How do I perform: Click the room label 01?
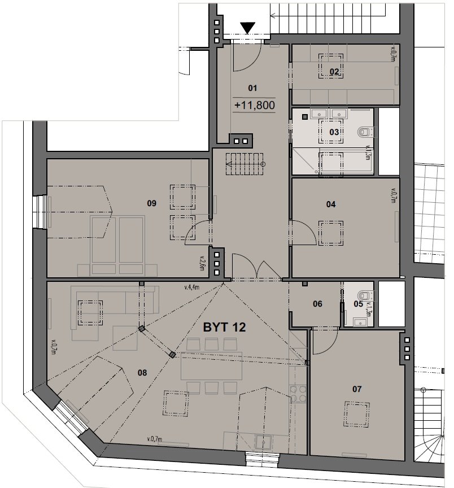[x=252, y=88]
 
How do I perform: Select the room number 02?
[x=334, y=72]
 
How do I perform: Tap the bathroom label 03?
[x=334, y=132]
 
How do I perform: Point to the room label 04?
[x=331, y=204]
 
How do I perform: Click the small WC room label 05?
[x=358, y=304]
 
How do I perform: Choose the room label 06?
[x=317, y=304]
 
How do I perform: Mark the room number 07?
[x=357, y=389]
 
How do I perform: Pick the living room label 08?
[x=142, y=373]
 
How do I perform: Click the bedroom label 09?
[x=151, y=203]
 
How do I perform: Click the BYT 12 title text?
[x=224, y=328]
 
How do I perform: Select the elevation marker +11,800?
[x=255, y=105]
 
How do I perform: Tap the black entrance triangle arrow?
[x=248, y=28]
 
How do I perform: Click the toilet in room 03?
[x=365, y=132]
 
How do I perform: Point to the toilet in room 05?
[x=365, y=295]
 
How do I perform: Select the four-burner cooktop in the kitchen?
[x=298, y=394]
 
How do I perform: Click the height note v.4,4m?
[x=191, y=287]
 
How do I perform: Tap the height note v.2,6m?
[x=202, y=263]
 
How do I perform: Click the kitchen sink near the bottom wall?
[x=263, y=442]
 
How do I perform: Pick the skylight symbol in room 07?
[x=357, y=415]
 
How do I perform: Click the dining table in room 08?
[x=212, y=365]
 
